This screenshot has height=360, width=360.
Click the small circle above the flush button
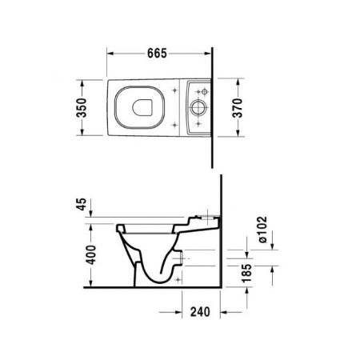coord(197,92)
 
